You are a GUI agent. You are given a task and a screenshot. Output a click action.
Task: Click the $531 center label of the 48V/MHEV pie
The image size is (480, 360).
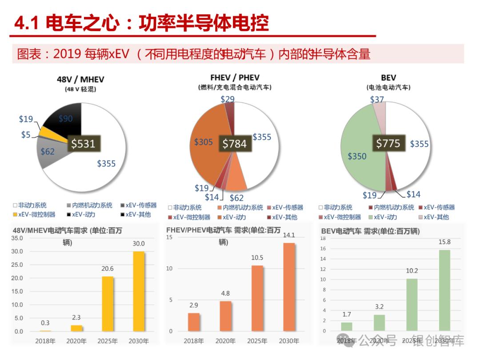(84, 144)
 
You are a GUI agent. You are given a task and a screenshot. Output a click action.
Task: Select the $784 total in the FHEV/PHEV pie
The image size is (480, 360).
(234, 144)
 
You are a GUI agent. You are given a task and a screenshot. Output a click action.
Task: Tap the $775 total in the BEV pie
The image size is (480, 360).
(388, 143)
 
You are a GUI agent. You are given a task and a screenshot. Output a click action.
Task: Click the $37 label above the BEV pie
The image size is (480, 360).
(377, 100)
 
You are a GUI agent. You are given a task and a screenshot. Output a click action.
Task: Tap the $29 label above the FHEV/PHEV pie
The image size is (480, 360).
(228, 99)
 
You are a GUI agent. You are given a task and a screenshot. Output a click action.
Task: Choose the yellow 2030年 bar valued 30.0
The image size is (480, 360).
(139, 291)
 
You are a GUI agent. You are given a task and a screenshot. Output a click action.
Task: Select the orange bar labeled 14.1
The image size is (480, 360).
(289, 287)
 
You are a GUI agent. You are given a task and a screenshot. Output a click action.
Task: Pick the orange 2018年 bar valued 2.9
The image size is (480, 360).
(194, 322)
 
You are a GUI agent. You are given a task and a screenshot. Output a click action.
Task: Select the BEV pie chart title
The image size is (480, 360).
(388, 78)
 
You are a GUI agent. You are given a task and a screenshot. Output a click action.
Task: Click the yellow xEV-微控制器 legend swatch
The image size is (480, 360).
(15, 215)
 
